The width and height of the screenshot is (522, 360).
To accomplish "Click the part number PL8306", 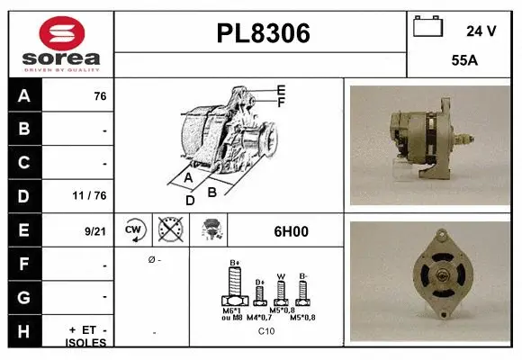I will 262,34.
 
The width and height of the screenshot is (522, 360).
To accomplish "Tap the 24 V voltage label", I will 481,31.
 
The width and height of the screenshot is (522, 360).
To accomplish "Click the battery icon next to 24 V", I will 428,27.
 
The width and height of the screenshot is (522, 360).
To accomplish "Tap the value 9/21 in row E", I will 94,231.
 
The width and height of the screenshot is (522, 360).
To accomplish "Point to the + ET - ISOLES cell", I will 87,336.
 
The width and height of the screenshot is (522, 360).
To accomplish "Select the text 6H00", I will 291,231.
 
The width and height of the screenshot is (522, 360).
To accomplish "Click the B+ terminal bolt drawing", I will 235,288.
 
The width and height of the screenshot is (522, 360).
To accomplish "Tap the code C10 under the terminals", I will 266,331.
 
